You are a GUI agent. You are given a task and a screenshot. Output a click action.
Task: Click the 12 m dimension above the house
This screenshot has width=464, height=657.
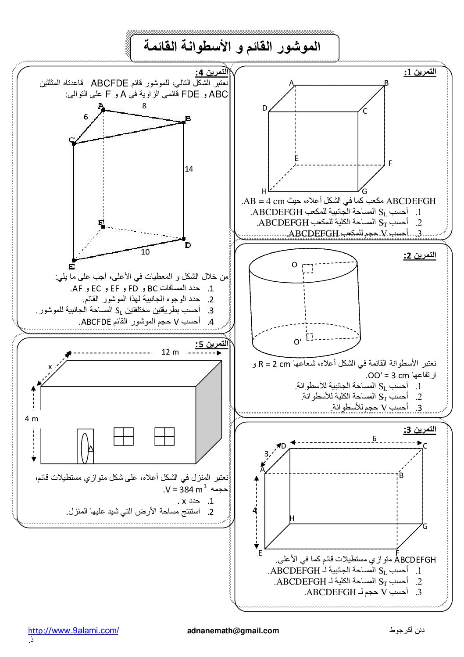(x=170, y=352)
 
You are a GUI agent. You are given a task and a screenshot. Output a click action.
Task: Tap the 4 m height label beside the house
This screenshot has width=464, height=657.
(x=31, y=419)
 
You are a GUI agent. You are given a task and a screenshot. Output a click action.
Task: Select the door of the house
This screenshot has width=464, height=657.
(x=86, y=446)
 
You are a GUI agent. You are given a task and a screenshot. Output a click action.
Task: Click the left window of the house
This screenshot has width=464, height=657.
(x=123, y=436)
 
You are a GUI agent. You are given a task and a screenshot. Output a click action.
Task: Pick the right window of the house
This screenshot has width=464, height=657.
(x=164, y=436)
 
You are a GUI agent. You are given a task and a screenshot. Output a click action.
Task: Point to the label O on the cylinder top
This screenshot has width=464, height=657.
(x=294, y=265)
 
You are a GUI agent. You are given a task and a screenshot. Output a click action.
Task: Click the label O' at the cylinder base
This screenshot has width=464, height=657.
(x=297, y=342)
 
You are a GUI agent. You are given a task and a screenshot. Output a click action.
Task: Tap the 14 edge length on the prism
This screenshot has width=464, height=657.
(x=189, y=169)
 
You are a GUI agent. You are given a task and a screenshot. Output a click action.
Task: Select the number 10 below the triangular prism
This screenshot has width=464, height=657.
(x=145, y=252)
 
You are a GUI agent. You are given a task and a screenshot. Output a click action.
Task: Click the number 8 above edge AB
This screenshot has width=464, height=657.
(x=144, y=106)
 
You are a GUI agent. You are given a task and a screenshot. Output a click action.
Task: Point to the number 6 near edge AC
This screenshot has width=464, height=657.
(x=86, y=117)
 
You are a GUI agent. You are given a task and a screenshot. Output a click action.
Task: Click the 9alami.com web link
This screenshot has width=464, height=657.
(x=73, y=631)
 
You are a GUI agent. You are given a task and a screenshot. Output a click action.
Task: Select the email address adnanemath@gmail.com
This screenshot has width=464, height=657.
(x=233, y=631)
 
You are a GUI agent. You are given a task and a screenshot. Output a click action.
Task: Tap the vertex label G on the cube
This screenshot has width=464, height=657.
(x=364, y=191)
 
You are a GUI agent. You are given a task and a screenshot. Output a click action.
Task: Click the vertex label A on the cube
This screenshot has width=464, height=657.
(x=291, y=83)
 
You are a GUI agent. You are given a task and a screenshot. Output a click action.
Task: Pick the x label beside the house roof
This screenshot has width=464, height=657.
(x=50, y=366)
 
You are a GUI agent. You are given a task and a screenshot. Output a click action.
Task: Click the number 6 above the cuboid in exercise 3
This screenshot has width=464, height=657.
(x=374, y=438)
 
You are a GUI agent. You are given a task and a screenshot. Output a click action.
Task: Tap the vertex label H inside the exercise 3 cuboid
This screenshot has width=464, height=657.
(x=292, y=518)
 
